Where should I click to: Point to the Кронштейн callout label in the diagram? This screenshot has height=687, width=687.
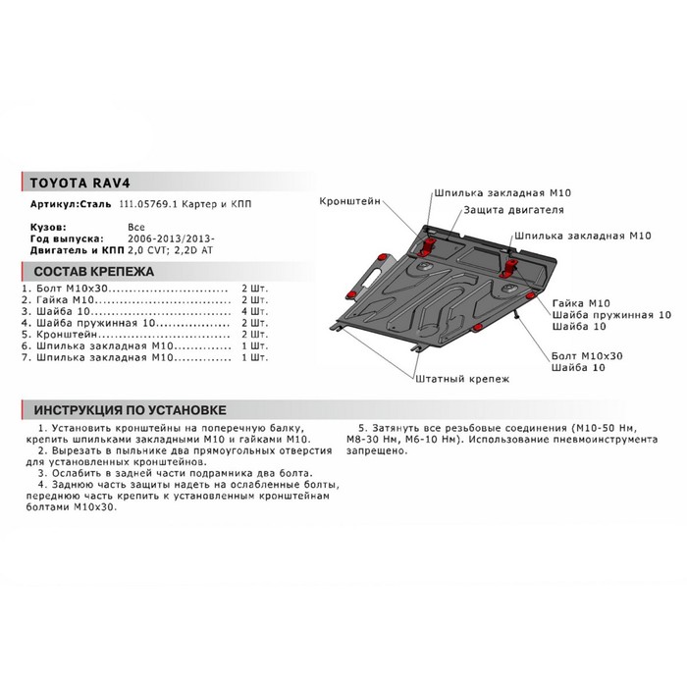tap(350, 201)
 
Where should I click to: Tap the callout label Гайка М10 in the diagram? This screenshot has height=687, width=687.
tap(580, 302)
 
